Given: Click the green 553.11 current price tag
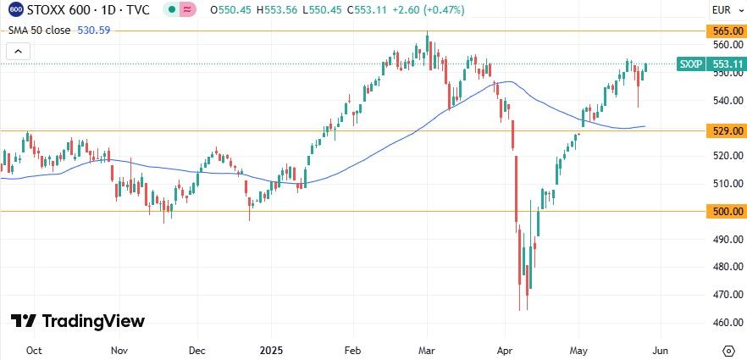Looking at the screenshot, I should coord(727,64).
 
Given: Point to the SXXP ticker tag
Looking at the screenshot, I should coord(689,64).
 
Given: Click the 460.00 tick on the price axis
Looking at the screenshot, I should coord(722,323).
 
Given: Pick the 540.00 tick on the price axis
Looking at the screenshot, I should coord(722,101).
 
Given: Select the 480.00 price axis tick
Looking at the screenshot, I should coord(722,267).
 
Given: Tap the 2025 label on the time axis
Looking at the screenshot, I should coord(272,350).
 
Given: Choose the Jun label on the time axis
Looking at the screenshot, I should coord(662,350).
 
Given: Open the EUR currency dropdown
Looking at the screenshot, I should coord(722,10).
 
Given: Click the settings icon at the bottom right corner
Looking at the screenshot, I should coord(728,350).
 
